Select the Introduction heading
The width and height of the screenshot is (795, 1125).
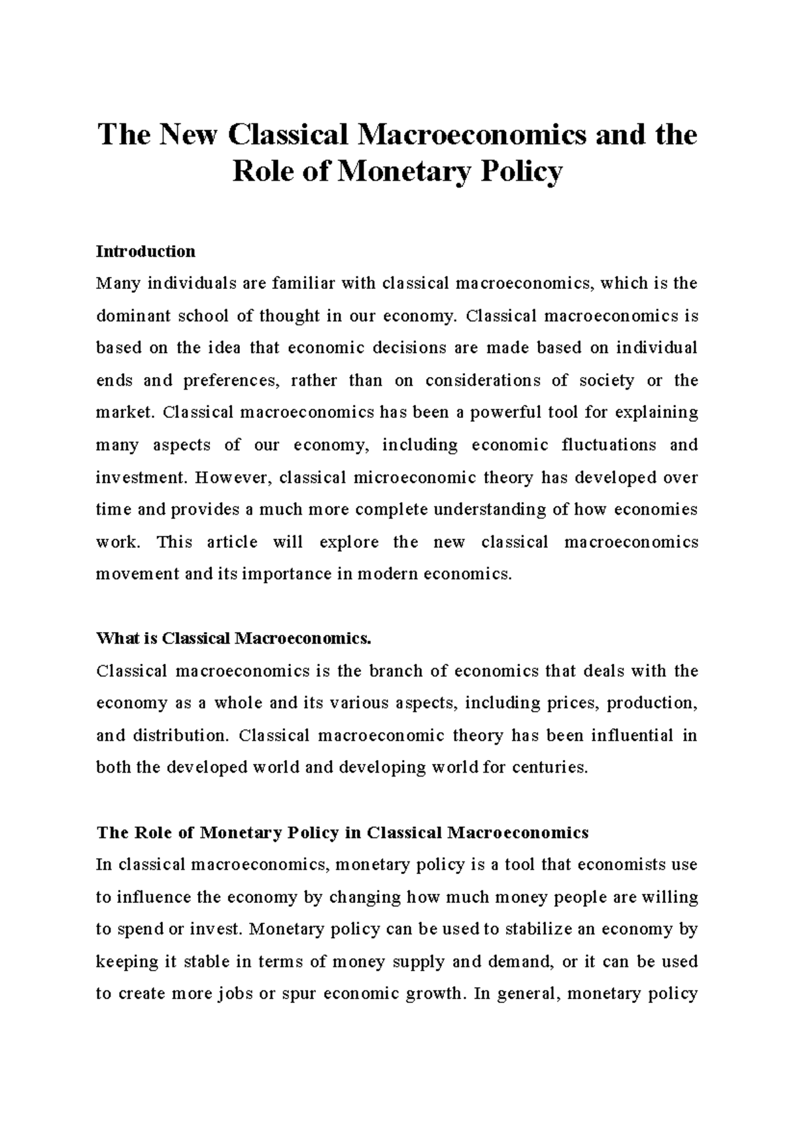(x=146, y=252)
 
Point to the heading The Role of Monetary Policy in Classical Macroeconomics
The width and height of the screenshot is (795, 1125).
(x=343, y=833)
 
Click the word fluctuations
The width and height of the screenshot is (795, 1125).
(x=609, y=445)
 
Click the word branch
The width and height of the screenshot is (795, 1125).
(x=395, y=671)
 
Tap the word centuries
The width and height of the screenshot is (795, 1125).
(x=554, y=768)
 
